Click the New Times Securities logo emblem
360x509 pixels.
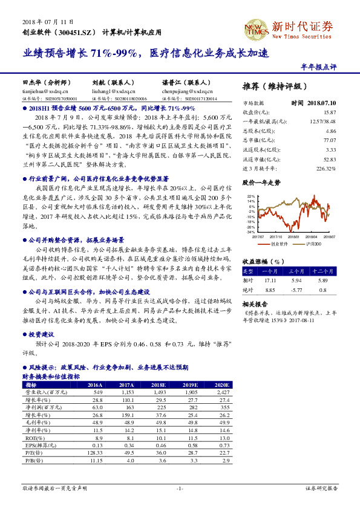point(254,29)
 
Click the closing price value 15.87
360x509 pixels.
point(330,112)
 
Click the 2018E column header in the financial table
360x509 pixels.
point(158,384)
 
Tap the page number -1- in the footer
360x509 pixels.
point(179,488)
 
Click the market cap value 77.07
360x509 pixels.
point(330,140)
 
